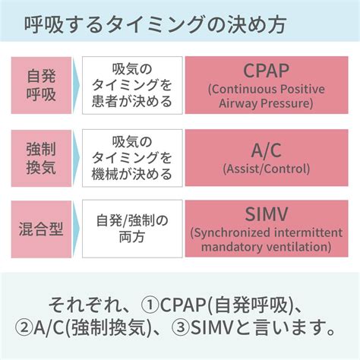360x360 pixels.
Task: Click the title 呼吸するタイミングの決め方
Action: pyautogui.click(x=155, y=25)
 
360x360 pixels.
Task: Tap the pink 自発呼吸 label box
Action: pyautogui.click(x=41, y=85)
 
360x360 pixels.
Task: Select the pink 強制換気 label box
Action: pyautogui.click(x=41, y=158)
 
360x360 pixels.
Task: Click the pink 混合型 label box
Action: pyautogui.click(x=41, y=229)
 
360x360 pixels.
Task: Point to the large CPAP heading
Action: pyautogui.click(x=267, y=71)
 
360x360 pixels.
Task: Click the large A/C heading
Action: pyautogui.click(x=267, y=150)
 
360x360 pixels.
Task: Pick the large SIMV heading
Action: pyautogui.click(x=267, y=214)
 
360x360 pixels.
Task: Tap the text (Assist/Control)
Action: pyautogui.click(x=267, y=169)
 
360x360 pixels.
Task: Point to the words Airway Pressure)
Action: pyautogui.click(x=266, y=103)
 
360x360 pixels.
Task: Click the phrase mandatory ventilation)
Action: pyautogui.click(x=267, y=247)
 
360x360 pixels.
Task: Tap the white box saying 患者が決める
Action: pyautogui.click(x=132, y=85)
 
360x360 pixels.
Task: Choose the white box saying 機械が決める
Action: pyautogui.click(x=132, y=158)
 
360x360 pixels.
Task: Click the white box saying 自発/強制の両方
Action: pyautogui.click(x=132, y=229)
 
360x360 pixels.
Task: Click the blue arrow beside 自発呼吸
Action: pyautogui.click(x=76, y=85)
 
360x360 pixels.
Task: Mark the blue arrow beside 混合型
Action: pyautogui.click(x=76, y=229)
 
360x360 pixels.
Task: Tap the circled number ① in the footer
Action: pyautogui.click(x=150, y=305)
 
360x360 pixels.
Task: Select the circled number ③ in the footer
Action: pyautogui.click(x=180, y=327)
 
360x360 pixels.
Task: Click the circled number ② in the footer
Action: pyautogui.click(x=24, y=327)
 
